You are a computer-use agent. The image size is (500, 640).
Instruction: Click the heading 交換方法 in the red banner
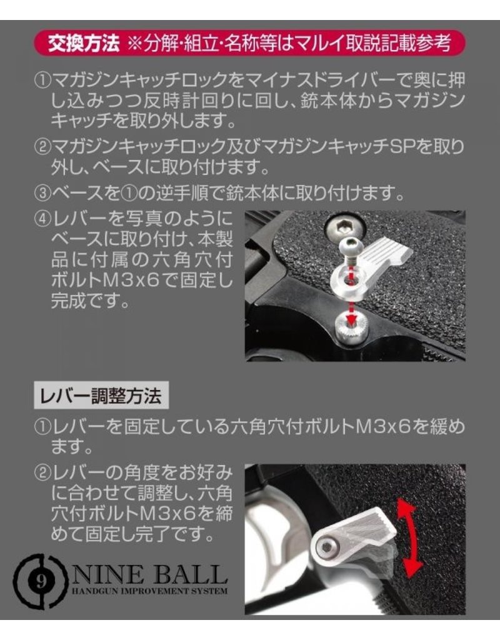tap(84, 43)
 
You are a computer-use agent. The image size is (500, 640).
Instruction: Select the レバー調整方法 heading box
tap(101, 395)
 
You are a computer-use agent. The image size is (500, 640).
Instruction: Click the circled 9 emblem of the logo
tap(39, 581)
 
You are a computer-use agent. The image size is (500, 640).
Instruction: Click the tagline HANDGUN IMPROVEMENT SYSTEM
tap(150, 591)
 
